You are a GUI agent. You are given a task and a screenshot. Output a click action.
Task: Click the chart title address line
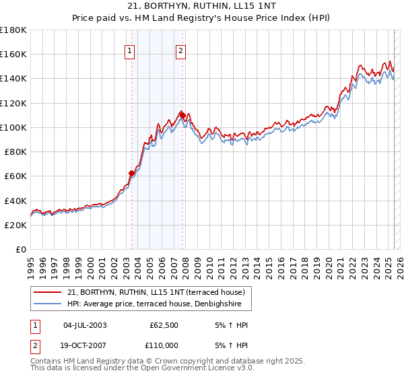(x=201, y=5)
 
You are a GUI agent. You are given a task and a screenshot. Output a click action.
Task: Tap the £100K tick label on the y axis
(x=13, y=127)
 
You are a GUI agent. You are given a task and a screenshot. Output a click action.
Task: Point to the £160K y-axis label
(x=13, y=54)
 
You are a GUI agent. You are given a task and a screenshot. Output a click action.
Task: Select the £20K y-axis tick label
(x=15, y=226)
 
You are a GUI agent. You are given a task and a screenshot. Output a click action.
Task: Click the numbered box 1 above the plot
(x=129, y=49)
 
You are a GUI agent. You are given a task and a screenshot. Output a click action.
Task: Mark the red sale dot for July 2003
(x=132, y=173)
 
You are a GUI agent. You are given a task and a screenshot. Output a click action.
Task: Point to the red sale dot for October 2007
(x=183, y=115)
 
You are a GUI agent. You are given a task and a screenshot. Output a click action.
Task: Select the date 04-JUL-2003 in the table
(x=84, y=324)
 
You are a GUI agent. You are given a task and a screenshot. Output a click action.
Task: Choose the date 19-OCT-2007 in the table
(x=84, y=345)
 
